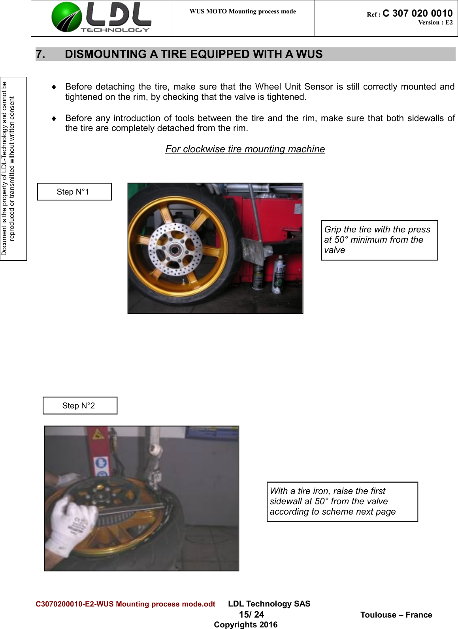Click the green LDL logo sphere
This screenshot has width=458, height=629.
coord(66,17)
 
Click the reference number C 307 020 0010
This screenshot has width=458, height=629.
coord(417,13)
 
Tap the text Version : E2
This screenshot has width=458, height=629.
coord(435,22)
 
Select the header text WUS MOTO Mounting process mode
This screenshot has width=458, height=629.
coord(243,11)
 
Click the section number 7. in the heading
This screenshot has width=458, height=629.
coord(40,54)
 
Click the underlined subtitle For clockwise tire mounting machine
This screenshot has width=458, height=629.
coord(245,149)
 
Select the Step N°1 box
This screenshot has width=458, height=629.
coord(74,192)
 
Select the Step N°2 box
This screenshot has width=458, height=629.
coord(80,406)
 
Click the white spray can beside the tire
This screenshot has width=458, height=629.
coord(279,274)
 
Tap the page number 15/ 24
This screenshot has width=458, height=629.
coord(251,614)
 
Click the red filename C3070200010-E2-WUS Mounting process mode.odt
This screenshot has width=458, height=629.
coord(125,604)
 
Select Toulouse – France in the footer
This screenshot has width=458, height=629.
coord(396,615)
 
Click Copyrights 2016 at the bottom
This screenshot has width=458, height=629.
coord(245,625)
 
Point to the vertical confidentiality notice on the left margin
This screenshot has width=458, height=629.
coord(9,168)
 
